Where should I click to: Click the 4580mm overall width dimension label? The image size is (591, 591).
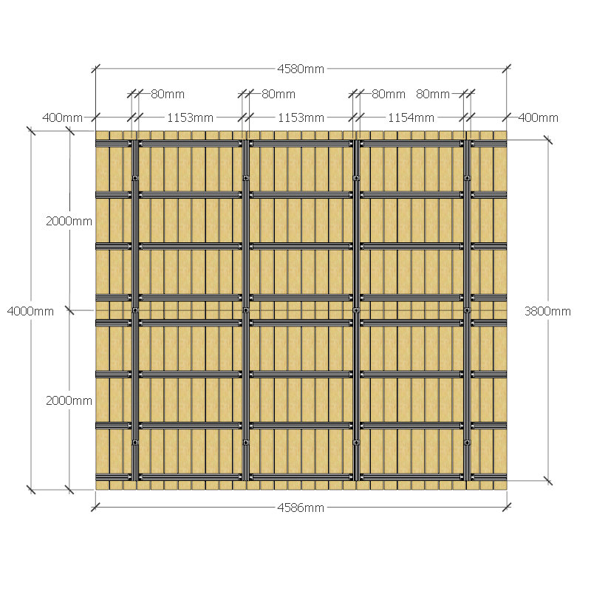click(x=301, y=69)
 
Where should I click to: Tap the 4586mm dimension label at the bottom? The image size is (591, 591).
click(x=301, y=508)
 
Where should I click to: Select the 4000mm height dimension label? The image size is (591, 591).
click(x=30, y=311)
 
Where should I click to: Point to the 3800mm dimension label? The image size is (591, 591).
click(x=547, y=311)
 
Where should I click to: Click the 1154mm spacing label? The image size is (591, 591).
click(x=411, y=118)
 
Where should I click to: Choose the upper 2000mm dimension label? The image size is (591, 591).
click(x=69, y=221)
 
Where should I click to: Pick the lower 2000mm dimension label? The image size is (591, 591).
click(x=69, y=400)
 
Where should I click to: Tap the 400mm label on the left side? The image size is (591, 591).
click(x=62, y=117)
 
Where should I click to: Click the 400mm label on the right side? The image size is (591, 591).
click(x=538, y=117)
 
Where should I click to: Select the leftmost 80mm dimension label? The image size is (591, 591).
click(x=168, y=94)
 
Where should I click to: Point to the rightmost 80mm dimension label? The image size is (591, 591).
click(x=433, y=94)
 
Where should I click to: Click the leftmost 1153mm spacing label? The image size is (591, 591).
click(x=190, y=118)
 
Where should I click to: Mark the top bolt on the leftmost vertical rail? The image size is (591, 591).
click(x=135, y=178)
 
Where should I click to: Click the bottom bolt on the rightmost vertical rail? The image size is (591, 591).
click(x=468, y=443)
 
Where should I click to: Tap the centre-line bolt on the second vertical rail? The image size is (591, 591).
click(x=246, y=310)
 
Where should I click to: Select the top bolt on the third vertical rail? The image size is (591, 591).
click(x=356, y=178)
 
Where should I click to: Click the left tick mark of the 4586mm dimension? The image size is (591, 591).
click(x=95, y=508)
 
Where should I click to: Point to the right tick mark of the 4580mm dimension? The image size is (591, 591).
click(x=507, y=69)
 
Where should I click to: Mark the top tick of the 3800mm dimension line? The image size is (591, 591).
click(x=548, y=140)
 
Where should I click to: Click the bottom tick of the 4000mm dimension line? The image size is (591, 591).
click(x=31, y=490)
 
